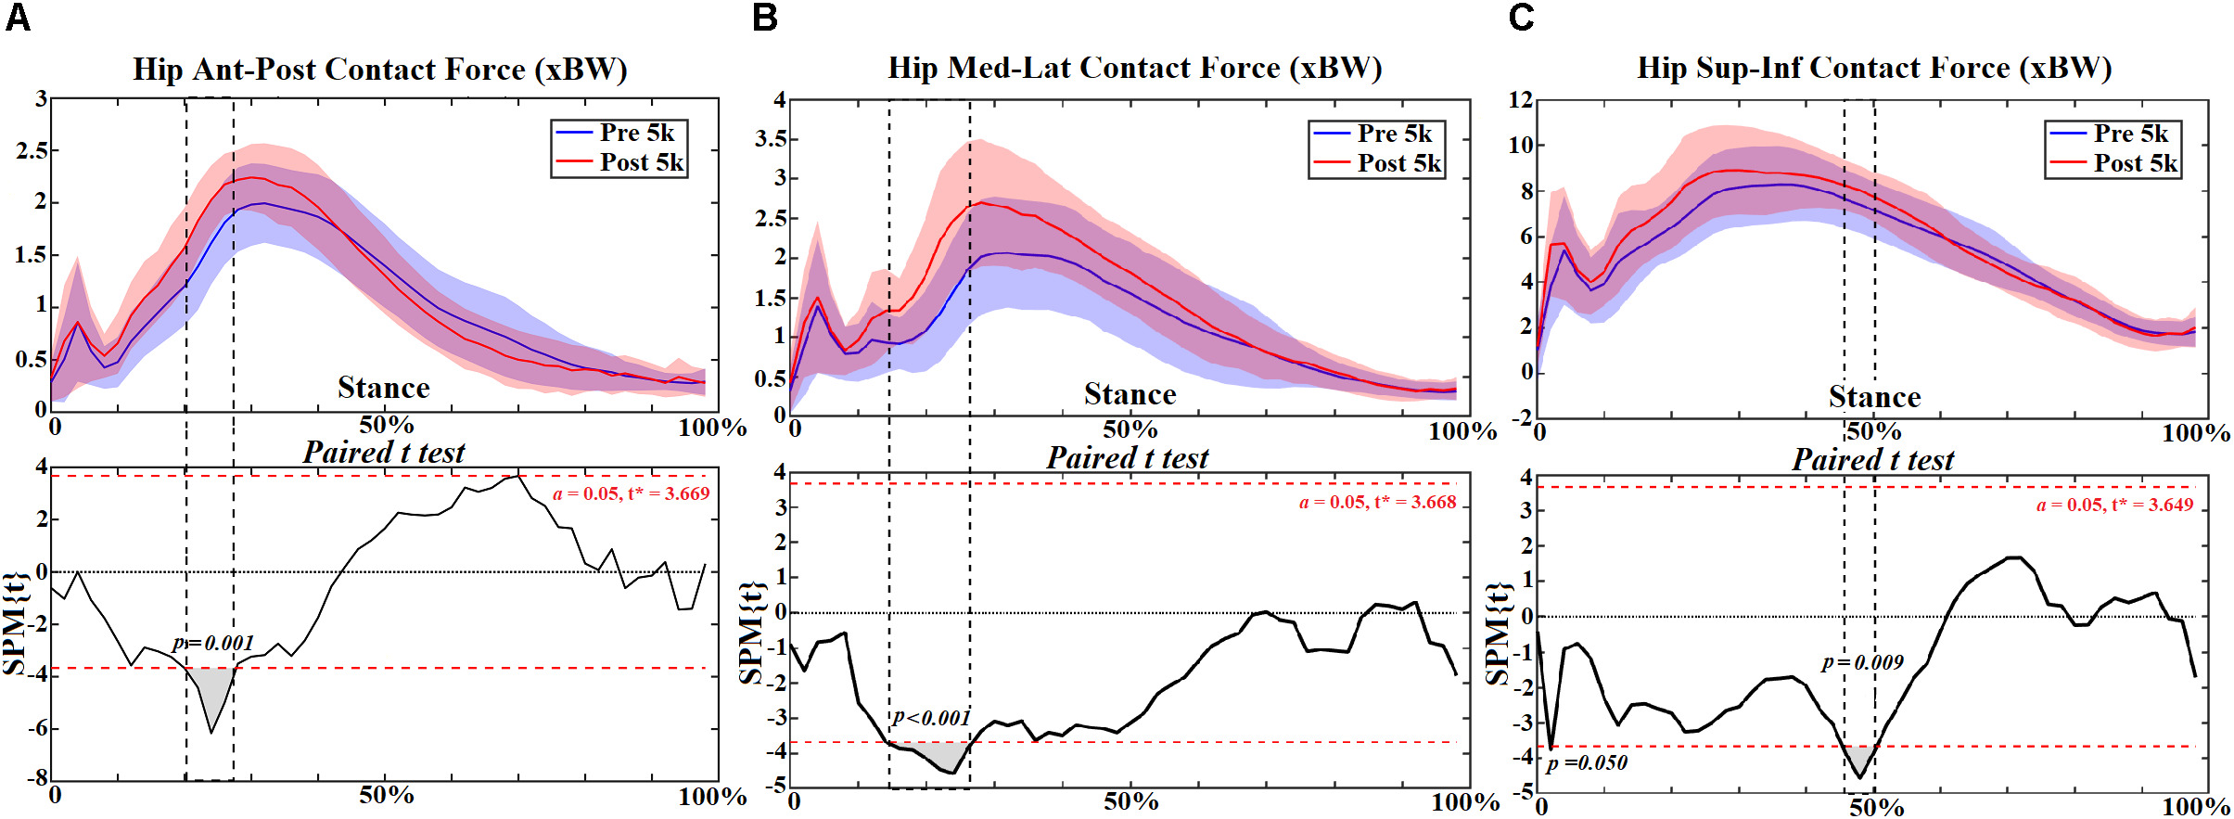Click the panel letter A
[18, 18]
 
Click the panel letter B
[765, 18]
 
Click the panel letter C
[1522, 18]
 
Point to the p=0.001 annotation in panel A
[213, 643]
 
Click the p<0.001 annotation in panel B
[931, 717]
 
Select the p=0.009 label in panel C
[1862, 662]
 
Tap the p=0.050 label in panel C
[1587, 762]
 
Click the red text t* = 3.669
[669, 493]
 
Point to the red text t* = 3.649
[2152, 505]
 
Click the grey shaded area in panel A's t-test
[212, 691]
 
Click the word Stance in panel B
[1130, 394]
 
